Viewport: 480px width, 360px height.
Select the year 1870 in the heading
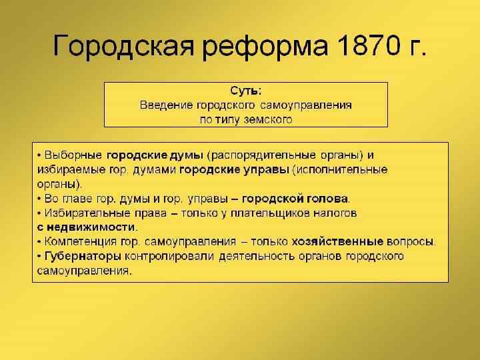pyautogui.click(x=367, y=47)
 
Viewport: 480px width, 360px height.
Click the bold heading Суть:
pyautogui.click(x=245, y=90)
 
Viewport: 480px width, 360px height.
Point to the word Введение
pyautogui.click(x=166, y=105)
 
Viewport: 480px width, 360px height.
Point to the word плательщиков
pyautogui.click(x=273, y=213)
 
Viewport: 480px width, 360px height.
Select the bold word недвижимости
pyautogui.click(x=91, y=227)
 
